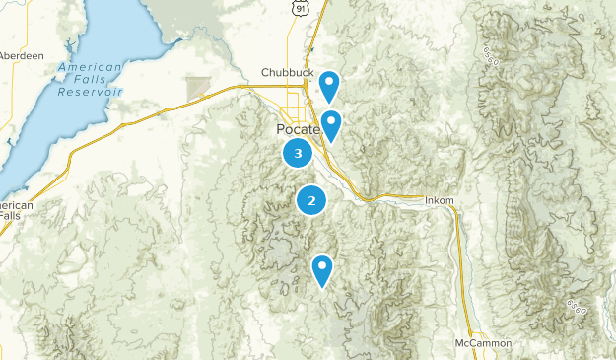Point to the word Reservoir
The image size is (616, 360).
point(90,91)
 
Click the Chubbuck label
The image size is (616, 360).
point(286,72)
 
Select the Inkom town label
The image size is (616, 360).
point(440,201)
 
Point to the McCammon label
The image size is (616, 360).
point(483,343)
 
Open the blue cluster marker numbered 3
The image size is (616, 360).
point(298,153)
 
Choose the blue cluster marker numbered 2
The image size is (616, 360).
point(311,200)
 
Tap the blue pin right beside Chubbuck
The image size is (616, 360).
point(329,85)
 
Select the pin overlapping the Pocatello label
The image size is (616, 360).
point(332,125)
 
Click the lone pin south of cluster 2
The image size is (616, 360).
point(322,268)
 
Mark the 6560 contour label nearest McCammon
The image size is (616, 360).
point(576,308)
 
